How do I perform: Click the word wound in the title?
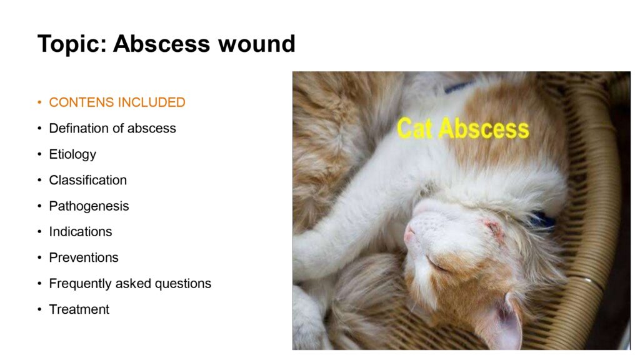[256, 44]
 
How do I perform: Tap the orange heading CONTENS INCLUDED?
[117, 102]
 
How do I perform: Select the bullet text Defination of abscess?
[112, 128]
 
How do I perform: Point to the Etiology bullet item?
[72, 155]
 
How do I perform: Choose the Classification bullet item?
[87, 180]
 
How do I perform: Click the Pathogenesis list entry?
[89, 206]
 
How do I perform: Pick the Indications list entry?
[81, 232]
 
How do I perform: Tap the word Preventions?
[84, 257]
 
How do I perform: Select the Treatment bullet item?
[79, 309]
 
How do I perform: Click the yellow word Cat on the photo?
[414, 128]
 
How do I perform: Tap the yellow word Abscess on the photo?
[484, 129]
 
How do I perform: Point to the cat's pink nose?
[409, 236]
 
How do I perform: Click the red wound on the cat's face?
[493, 227]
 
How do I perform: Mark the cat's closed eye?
[436, 264]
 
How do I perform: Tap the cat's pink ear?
[508, 322]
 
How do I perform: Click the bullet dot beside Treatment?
[39, 309]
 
